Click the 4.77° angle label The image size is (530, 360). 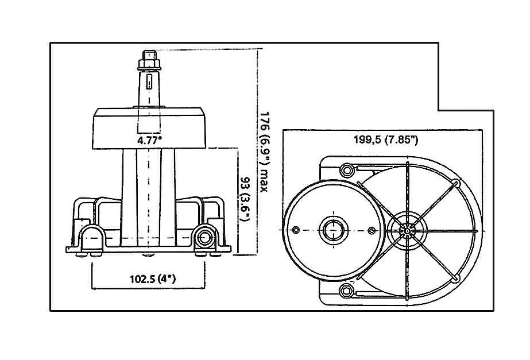point(149,140)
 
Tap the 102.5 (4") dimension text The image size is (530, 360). point(153,279)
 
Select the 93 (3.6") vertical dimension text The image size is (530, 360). point(245,199)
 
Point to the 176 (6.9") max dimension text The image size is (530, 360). point(264,152)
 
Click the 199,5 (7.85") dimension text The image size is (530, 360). point(386,140)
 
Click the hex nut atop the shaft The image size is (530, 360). point(149,64)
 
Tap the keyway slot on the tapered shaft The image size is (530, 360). point(149,82)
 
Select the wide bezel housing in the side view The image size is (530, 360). point(149,129)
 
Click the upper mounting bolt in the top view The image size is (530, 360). point(346,170)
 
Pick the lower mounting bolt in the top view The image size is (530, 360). point(346,291)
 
